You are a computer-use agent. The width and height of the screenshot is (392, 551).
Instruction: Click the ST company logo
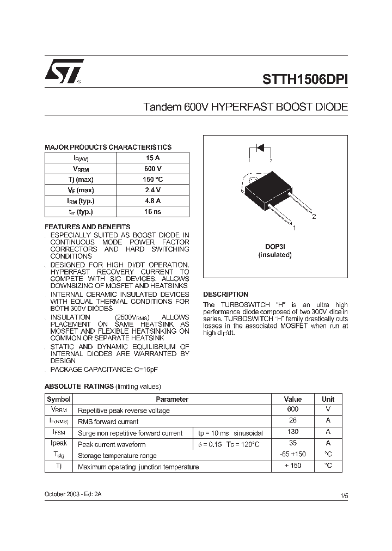(64, 71)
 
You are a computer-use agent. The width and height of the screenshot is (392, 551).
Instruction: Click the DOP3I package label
(275, 247)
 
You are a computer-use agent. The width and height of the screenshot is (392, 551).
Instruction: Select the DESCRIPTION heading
(225, 295)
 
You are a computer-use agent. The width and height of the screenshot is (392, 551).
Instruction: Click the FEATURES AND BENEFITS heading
(87, 227)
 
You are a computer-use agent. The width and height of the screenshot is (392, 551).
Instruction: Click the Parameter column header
(172, 399)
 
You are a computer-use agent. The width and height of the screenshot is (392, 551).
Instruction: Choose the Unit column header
(328, 399)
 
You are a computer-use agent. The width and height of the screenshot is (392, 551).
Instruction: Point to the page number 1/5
(344, 495)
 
